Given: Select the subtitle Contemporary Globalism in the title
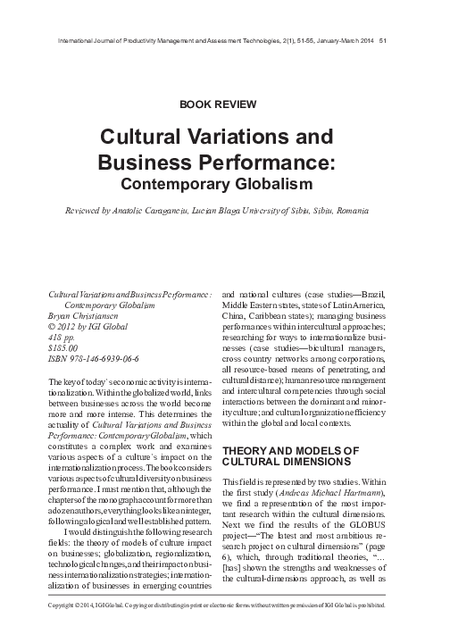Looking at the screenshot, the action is (224, 185).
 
